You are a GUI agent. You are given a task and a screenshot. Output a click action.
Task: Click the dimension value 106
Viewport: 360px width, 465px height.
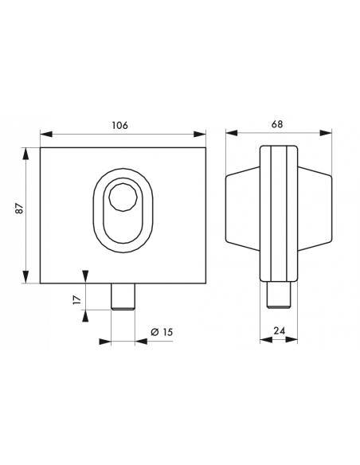point(119,125)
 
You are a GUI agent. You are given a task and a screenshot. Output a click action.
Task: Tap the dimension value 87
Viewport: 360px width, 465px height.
point(20,209)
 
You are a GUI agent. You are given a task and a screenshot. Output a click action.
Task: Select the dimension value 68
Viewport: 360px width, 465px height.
point(277,124)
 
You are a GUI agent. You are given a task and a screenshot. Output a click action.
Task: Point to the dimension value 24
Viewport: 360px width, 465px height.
point(279,330)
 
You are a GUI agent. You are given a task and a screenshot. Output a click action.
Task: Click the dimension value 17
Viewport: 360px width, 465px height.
point(76,299)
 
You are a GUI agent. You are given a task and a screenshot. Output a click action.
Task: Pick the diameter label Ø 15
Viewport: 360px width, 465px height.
point(162,332)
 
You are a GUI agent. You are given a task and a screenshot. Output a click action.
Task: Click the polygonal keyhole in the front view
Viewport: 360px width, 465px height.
point(123,197)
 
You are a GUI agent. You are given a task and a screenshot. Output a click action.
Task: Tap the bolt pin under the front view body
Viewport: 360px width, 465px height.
point(123,297)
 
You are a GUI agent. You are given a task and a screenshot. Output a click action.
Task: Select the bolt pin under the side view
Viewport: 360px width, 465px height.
point(279,295)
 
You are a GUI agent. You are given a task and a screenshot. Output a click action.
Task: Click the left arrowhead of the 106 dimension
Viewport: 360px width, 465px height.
point(46,134)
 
